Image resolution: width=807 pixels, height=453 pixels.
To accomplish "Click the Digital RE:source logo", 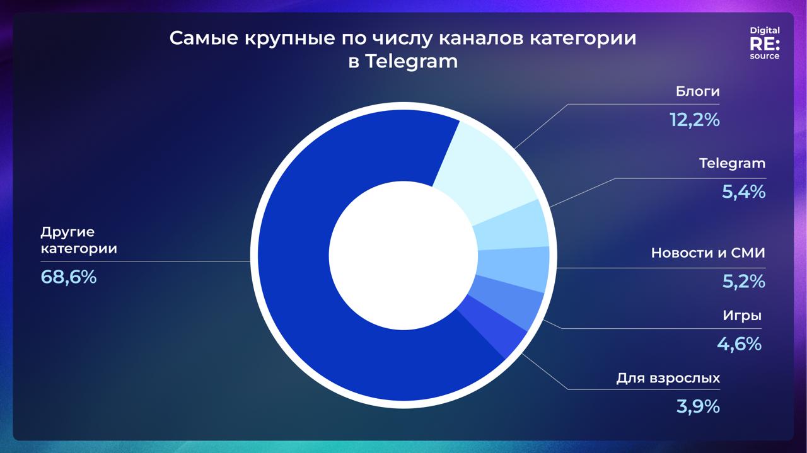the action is tap(765, 43).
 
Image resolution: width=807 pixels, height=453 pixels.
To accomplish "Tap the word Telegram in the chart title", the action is tap(412, 61).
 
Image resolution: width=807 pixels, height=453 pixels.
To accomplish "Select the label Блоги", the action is tap(697, 91).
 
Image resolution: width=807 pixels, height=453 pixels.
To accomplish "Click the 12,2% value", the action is tap(695, 120).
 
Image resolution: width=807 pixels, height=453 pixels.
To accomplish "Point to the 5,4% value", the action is tap(743, 192).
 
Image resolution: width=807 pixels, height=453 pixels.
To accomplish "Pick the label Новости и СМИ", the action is tap(708, 253).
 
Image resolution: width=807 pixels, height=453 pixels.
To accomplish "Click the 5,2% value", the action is tap(743, 281).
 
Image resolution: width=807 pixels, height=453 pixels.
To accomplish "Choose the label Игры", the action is tap(742, 316).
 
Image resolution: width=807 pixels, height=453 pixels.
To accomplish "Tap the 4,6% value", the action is tap(740, 344).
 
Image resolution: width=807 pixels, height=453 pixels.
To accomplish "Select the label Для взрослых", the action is tap(668, 378).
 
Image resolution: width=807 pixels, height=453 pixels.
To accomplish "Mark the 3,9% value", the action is tap(698, 406).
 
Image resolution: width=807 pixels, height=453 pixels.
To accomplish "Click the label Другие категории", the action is tap(79, 240).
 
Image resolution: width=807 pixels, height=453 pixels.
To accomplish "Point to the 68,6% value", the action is tap(69, 277).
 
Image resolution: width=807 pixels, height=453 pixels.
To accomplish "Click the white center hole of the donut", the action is tap(403, 255).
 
